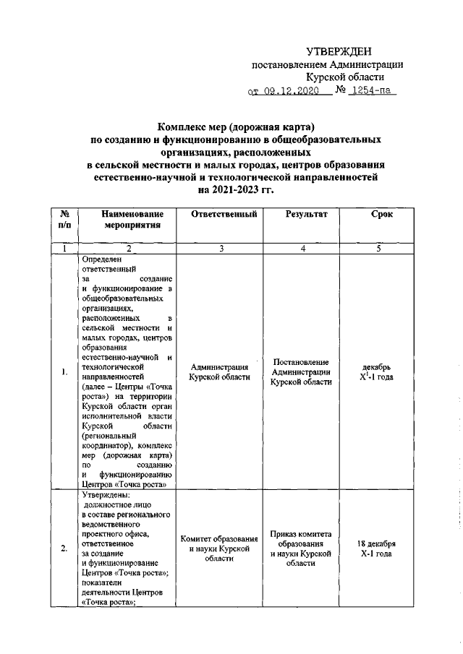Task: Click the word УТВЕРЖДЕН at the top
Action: (339, 51)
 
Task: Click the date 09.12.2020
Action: (288, 91)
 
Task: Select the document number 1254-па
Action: (373, 91)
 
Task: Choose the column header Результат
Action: (306, 215)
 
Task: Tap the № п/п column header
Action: (64, 220)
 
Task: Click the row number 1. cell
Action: (64, 372)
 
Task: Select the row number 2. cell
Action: (64, 548)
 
